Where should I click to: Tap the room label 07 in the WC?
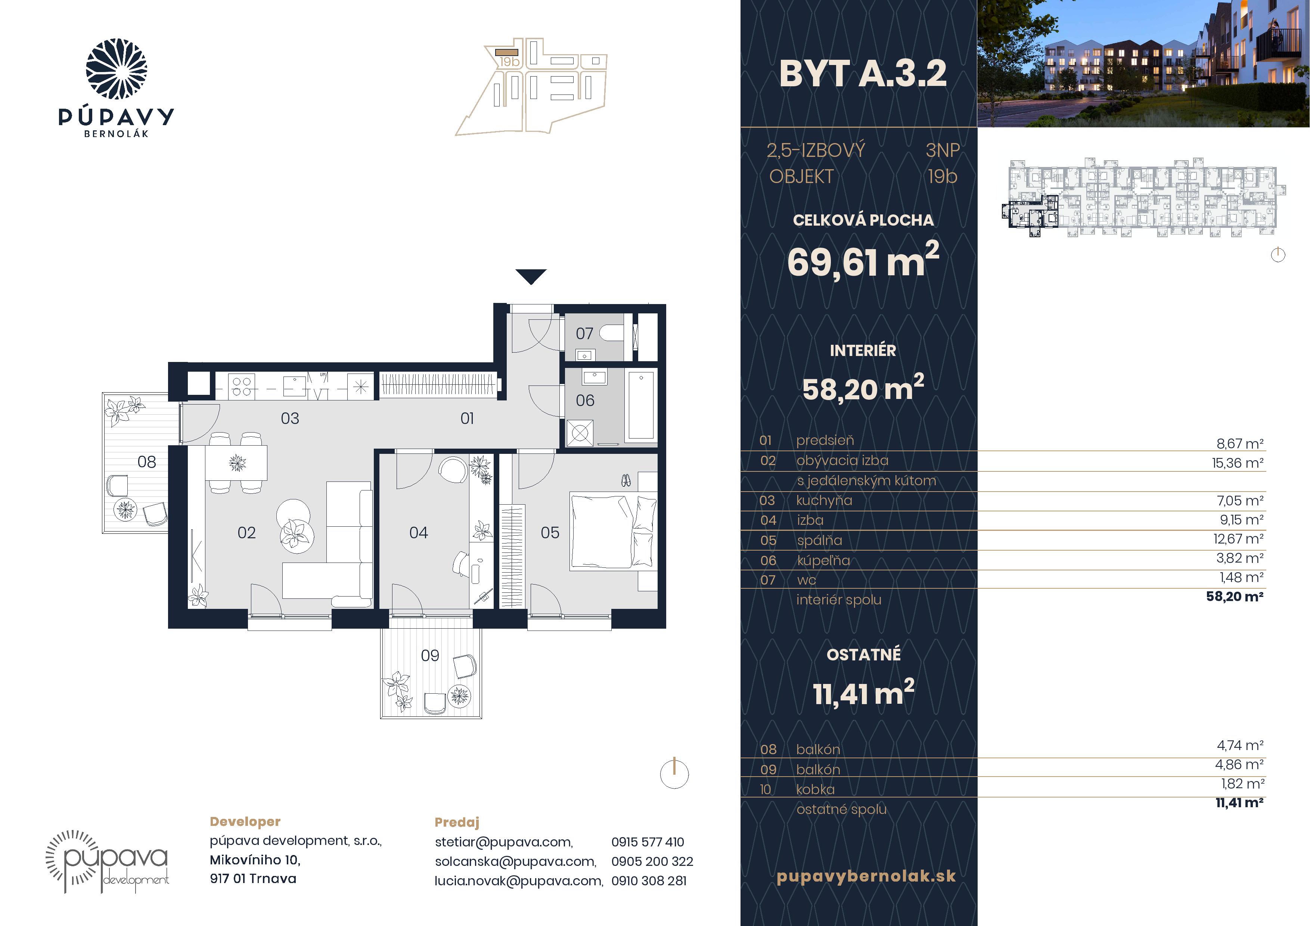[x=584, y=334]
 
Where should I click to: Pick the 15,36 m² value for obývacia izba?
[x=1238, y=463]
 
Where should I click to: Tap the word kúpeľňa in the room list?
[x=823, y=561]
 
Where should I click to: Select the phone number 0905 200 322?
[x=652, y=861]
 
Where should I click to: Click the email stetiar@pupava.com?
[x=504, y=842]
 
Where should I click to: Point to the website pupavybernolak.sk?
[x=866, y=876]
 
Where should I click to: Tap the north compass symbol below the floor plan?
[x=674, y=774]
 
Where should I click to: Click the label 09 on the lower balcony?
[x=430, y=656]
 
